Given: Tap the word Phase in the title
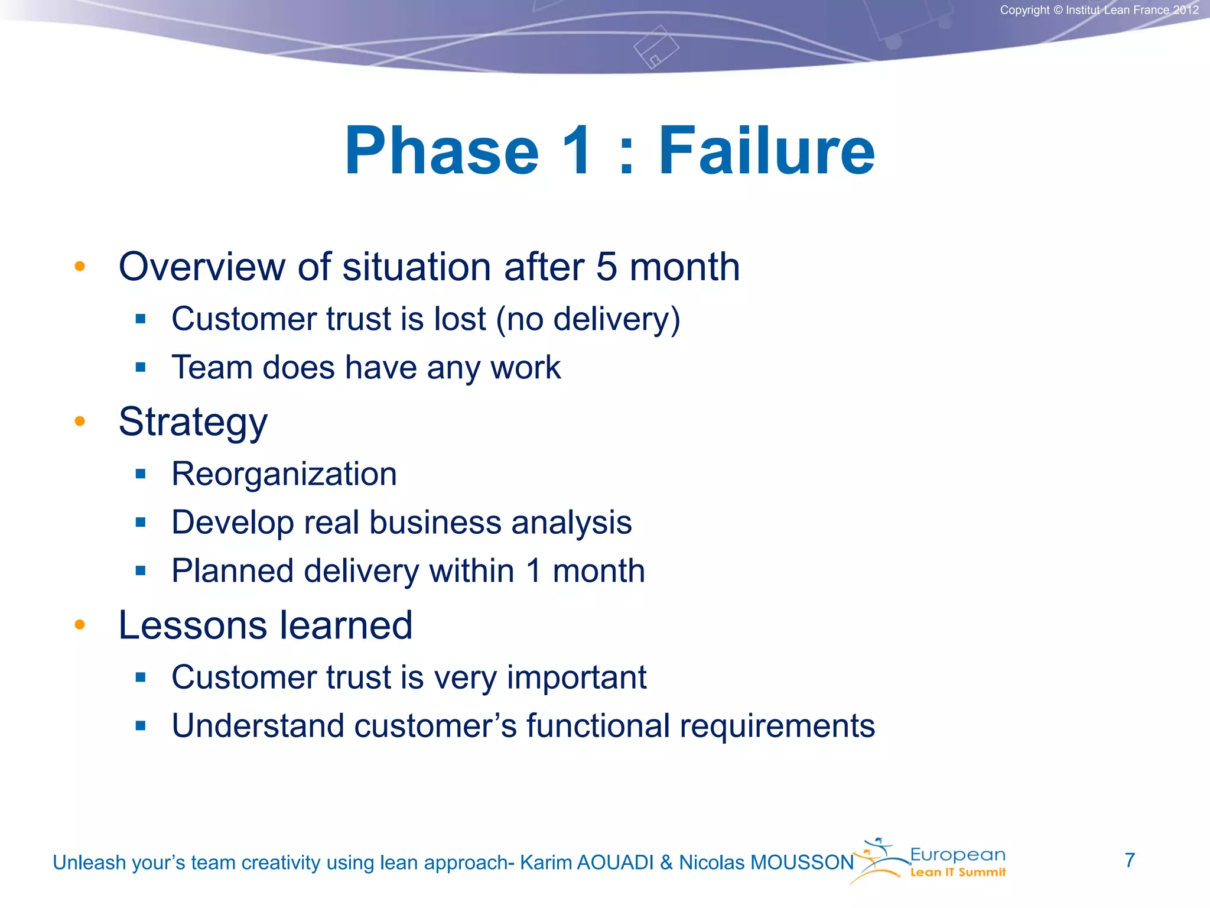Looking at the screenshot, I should point(442,151).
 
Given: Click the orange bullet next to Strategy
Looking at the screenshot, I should point(80,421).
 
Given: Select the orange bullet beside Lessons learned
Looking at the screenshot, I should point(80,625).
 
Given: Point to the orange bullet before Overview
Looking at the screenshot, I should point(80,267).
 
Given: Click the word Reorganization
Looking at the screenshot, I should point(284,474).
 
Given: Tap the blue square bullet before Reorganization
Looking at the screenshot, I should point(140,474).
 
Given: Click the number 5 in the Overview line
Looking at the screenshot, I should point(606,267).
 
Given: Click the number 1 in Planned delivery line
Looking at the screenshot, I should point(534,571).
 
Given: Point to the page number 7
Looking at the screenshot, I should point(1130,860).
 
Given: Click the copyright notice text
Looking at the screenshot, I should point(1099,10).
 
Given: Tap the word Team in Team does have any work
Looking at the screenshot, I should point(212,367).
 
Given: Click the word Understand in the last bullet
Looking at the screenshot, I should point(258,726).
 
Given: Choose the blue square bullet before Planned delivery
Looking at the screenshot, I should point(140,570).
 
